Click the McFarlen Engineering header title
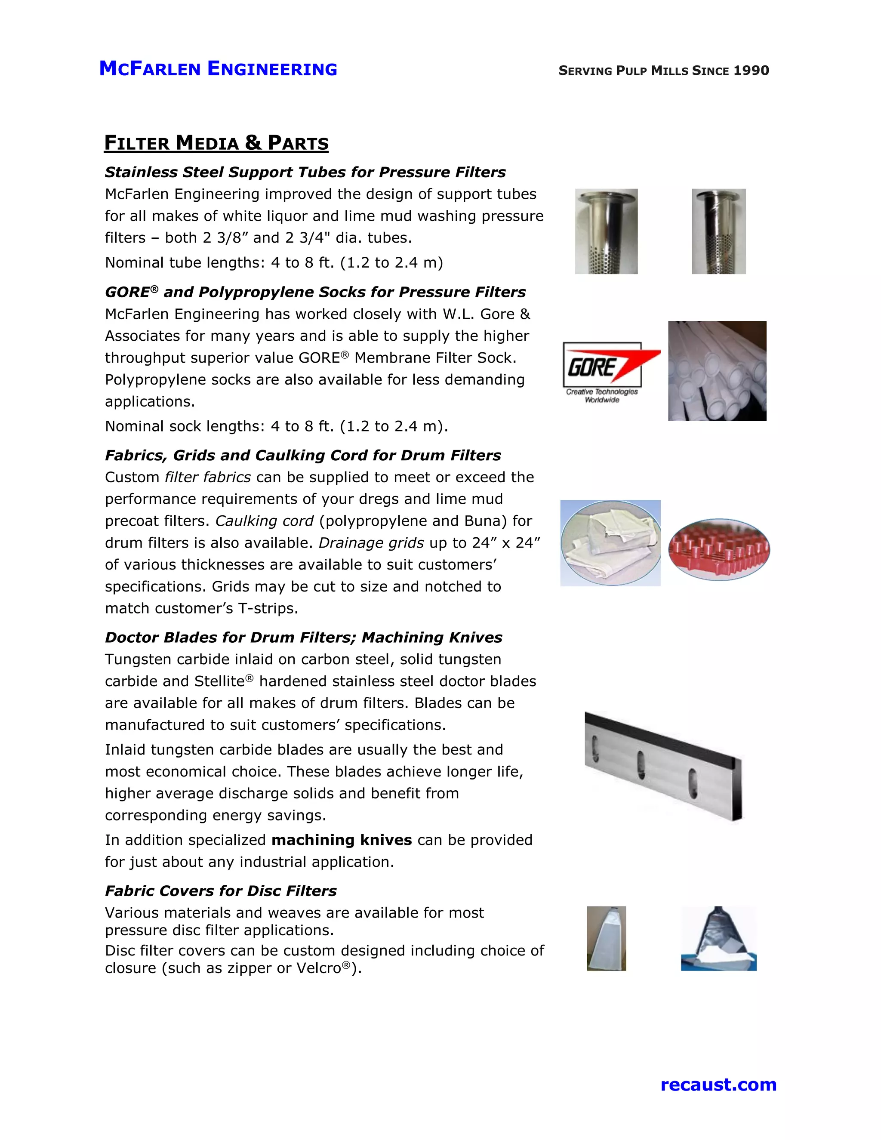[218, 69]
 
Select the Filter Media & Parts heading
[216, 143]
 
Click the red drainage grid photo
[719, 549]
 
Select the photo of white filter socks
[717, 370]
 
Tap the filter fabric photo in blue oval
[610, 543]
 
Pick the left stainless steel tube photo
[606, 231]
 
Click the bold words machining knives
[341, 840]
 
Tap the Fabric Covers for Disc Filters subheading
[221, 890]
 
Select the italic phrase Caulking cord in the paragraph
[264, 521]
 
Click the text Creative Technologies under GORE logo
[602, 391]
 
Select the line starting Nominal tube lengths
[274, 262]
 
